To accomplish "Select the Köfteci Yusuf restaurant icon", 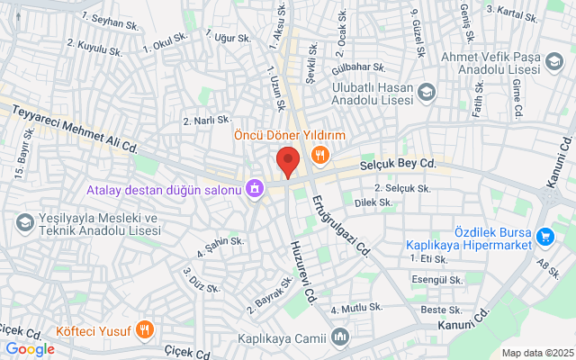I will click(x=146, y=328).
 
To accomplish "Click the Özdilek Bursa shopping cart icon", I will click(x=544, y=237).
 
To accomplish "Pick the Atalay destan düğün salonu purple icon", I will click(x=256, y=189).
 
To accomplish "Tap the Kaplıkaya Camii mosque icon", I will click(x=340, y=338).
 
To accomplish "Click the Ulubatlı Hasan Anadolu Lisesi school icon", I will click(x=427, y=91).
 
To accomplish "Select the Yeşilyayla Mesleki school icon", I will click(x=24, y=221).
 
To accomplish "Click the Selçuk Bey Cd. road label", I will click(x=398, y=164).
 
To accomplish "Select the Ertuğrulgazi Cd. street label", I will click(x=339, y=225).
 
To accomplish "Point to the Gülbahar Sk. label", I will click(x=358, y=68).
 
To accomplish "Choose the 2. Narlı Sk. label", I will click(x=207, y=120).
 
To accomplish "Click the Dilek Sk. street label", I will click(x=373, y=203).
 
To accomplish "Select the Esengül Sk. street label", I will click(x=436, y=279).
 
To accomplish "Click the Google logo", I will click(x=30, y=349).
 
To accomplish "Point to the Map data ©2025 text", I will click(x=537, y=353).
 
